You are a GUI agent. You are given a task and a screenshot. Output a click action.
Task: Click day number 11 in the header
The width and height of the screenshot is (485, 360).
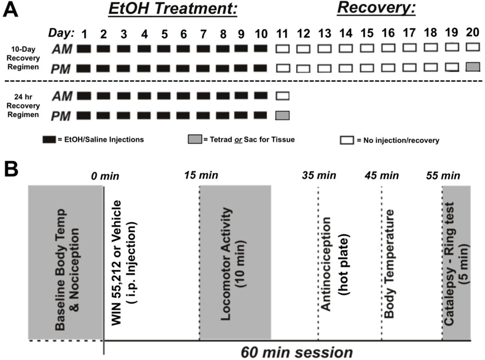[283, 34]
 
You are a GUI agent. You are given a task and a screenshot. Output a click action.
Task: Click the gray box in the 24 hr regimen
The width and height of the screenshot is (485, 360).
[283, 115]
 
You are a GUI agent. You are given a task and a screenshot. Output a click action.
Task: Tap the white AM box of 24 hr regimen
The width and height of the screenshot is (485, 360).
[283, 96]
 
